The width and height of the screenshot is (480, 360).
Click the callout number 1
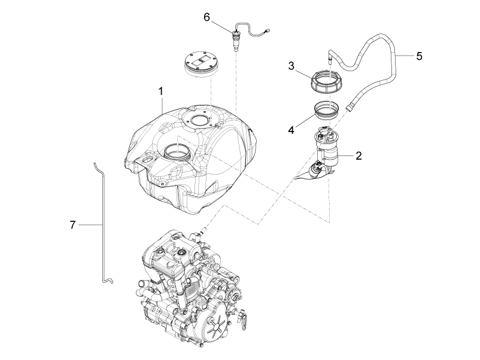click(x=161, y=91)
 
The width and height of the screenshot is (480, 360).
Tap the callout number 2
click(x=359, y=155)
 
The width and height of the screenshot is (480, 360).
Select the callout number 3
click(x=291, y=65)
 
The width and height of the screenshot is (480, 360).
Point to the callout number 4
click(x=291, y=130)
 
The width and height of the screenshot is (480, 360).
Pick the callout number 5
click(x=419, y=56)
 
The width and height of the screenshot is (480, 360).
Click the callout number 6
click(x=207, y=17)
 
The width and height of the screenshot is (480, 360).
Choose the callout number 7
click(x=72, y=225)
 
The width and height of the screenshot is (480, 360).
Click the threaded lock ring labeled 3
click(x=327, y=81)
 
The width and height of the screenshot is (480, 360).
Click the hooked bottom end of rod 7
click(x=108, y=280)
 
